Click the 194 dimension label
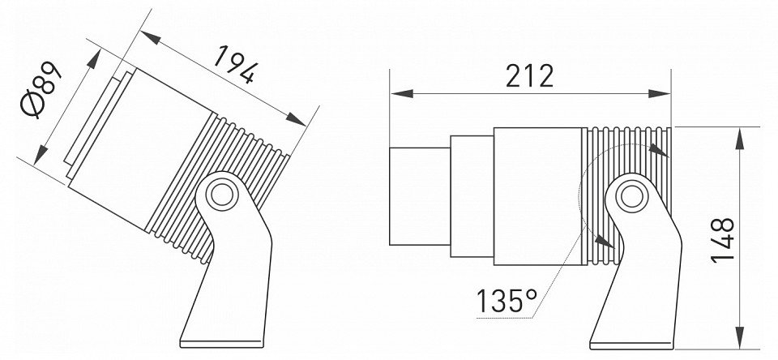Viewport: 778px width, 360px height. (236, 64)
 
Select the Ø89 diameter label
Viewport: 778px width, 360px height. (41, 90)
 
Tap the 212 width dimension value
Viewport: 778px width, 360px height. (529, 76)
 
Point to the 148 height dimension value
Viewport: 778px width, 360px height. (722, 240)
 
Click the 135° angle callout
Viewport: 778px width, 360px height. (507, 301)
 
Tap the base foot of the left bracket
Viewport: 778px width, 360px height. (221, 344)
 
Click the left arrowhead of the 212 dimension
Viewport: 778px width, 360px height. (401, 93)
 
